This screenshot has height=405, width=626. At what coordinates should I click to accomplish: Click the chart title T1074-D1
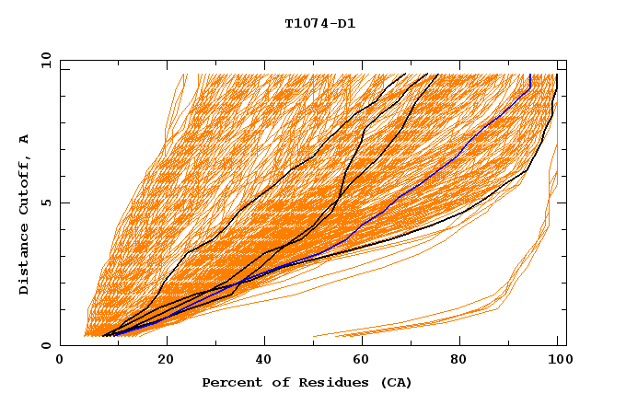(319, 24)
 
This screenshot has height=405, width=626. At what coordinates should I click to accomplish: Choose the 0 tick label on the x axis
(60, 361)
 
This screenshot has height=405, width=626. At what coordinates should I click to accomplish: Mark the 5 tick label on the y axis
(45, 202)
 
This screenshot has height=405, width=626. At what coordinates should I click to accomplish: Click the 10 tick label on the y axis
(42, 60)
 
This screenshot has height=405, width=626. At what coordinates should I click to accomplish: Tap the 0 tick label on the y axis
(45, 345)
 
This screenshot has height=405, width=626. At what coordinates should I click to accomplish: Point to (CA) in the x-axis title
(396, 382)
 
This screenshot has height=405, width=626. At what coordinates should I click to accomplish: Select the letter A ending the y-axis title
(25, 139)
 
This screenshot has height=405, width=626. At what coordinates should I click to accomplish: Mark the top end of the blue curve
(530, 75)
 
